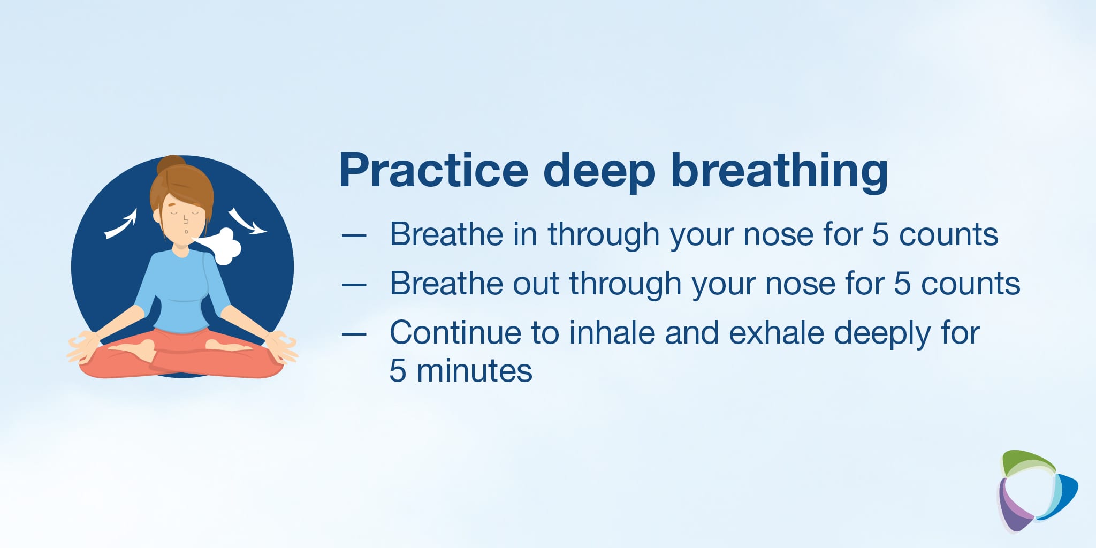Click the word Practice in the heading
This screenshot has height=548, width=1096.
(x=434, y=170)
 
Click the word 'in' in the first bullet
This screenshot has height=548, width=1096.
(x=525, y=234)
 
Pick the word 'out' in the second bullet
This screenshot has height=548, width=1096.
(x=536, y=284)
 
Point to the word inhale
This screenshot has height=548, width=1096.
(x=612, y=332)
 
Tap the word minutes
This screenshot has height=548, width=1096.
(x=475, y=371)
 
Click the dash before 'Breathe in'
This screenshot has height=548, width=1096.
(x=354, y=235)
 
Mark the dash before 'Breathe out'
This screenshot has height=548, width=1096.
(x=354, y=284)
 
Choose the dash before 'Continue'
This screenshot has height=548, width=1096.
(x=354, y=334)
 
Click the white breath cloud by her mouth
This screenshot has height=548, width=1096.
(x=222, y=246)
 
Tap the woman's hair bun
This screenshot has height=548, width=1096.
(x=171, y=164)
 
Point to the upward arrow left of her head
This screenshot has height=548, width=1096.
(x=121, y=224)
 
